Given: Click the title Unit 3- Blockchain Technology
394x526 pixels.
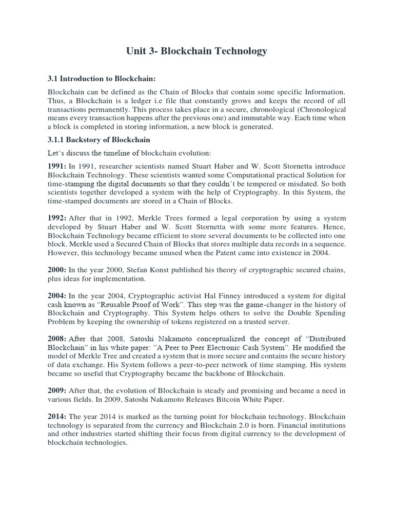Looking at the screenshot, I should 197,51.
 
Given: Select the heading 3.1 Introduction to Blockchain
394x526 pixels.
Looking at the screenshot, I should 101,79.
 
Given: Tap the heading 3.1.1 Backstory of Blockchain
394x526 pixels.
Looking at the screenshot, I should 98,140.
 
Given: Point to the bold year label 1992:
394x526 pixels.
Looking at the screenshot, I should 57,218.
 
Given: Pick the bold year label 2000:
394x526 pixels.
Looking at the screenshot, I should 57,270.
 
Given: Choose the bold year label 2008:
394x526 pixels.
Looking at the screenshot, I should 57,339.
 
